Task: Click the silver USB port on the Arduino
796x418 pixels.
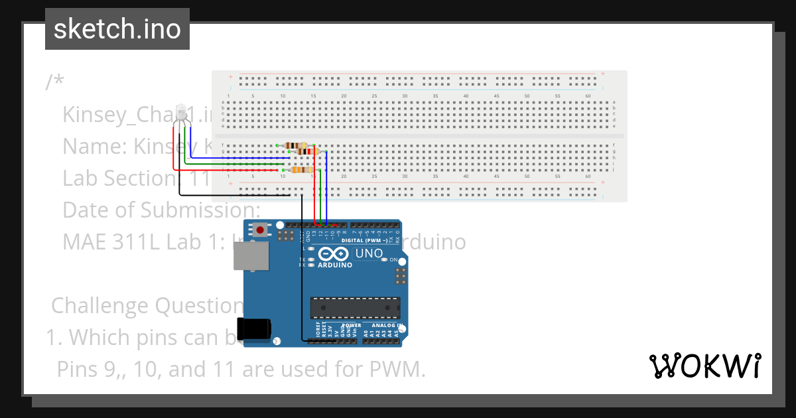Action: (x=251, y=255)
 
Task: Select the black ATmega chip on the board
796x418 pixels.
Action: (x=355, y=308)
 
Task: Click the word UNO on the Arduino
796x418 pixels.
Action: (x=369, y=253)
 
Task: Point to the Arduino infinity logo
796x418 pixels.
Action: (x=334, y=254)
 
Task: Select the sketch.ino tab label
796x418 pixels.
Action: (x=117, y=29)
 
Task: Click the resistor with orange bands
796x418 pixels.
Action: (x=302, y=170)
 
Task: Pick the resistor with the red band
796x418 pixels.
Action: (x=306, y=151)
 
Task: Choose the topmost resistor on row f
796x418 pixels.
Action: (x=295, y=145)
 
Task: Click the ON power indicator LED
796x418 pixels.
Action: (x=385, y=259)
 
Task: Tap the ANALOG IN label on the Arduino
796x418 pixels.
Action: (x=387, y=326)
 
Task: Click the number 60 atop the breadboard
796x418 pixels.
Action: (x=588, y=96)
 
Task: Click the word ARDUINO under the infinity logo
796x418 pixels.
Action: (x=334, y=265)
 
